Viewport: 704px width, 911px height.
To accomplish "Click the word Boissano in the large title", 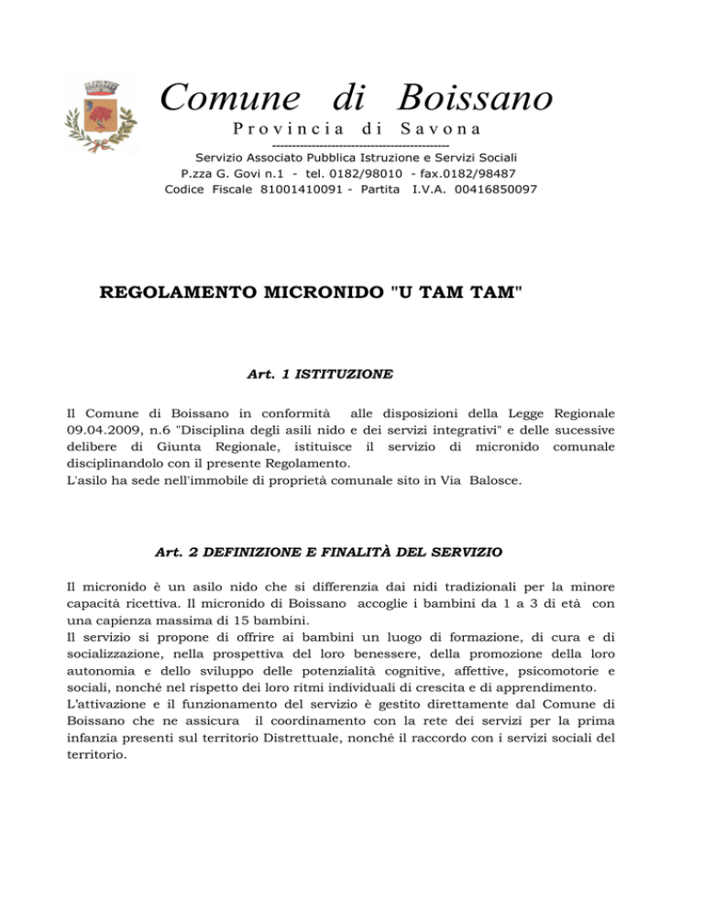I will pos(476,97).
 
